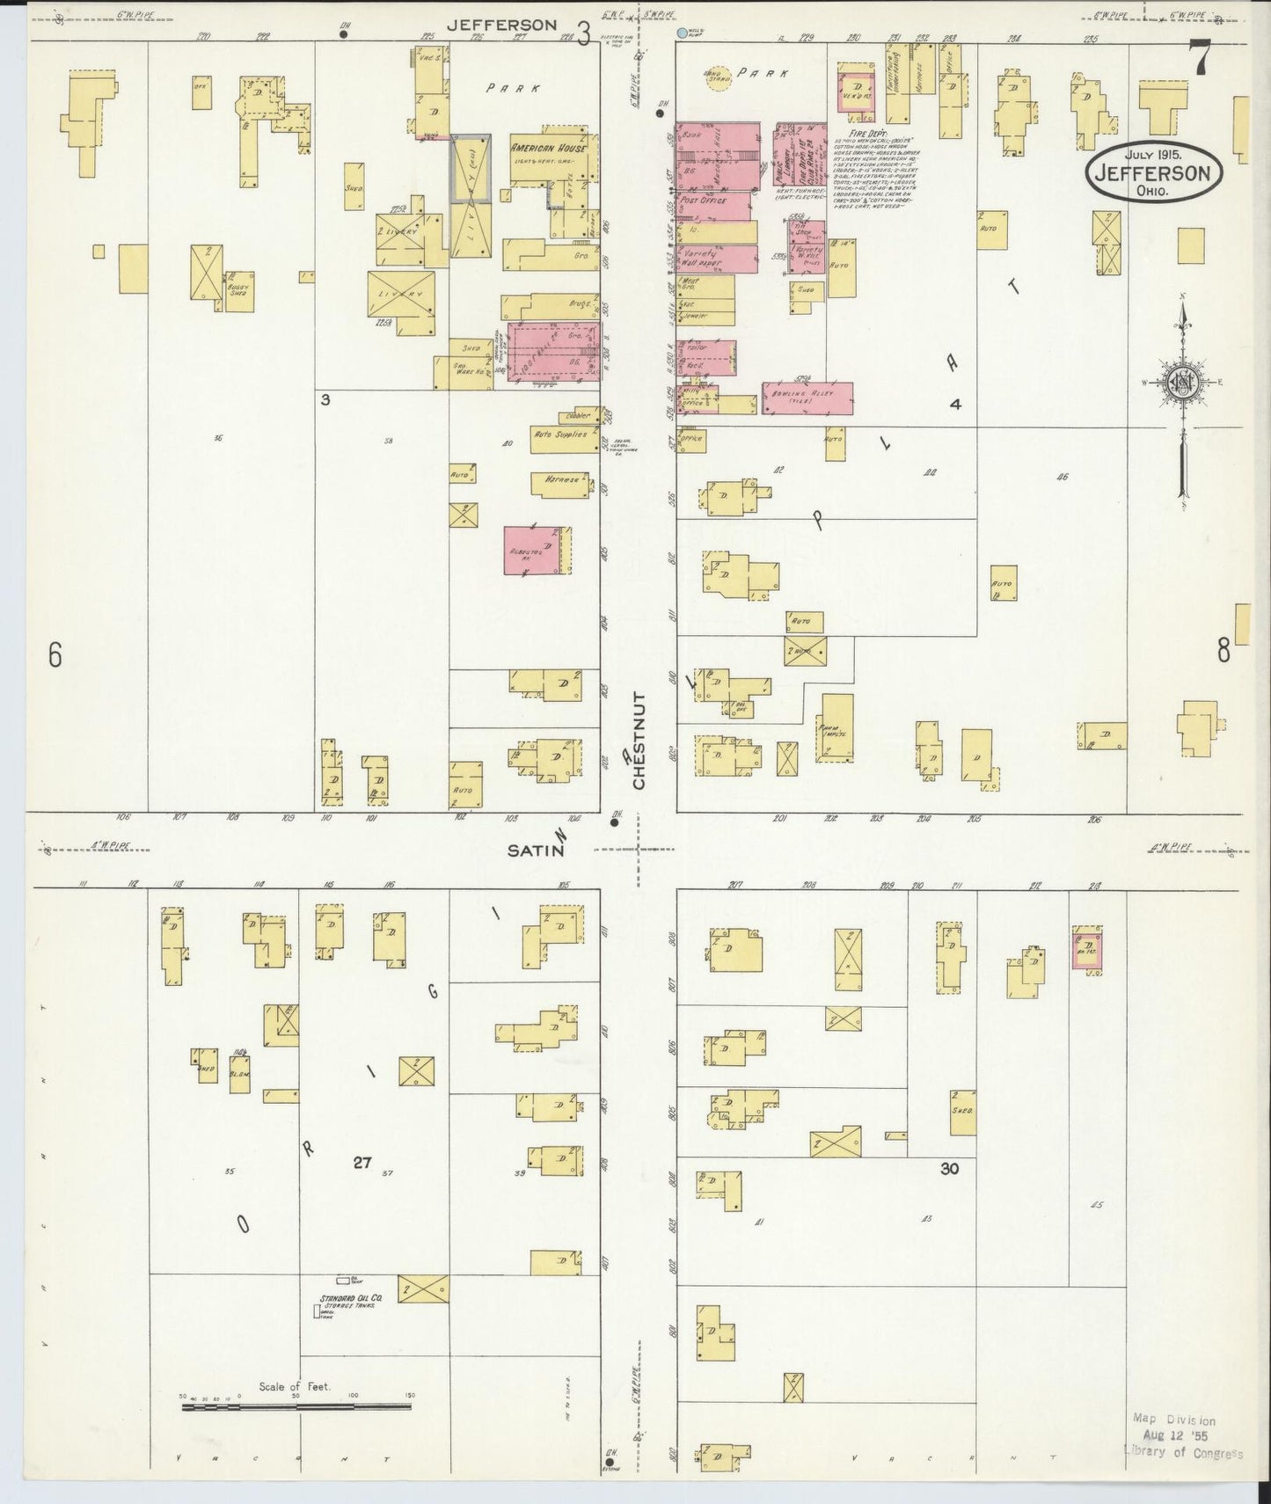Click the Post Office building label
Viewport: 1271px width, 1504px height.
(x=704, y=201)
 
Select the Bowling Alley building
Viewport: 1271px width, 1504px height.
(x=807, y=398)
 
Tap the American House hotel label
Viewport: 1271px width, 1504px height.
(x=548, y=150)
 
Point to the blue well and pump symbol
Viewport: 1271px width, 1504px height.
(x=683, y=34)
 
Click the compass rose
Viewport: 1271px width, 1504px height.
(x=1181, y=383)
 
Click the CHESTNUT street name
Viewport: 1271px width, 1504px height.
(x=639, y=740)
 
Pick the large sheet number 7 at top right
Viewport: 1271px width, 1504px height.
(x=1199, y=60)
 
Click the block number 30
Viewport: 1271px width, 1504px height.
(x=948, y=1169)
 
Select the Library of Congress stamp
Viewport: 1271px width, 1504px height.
(x=1183, y=1436)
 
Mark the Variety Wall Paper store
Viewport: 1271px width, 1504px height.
(x=704, y=258)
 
